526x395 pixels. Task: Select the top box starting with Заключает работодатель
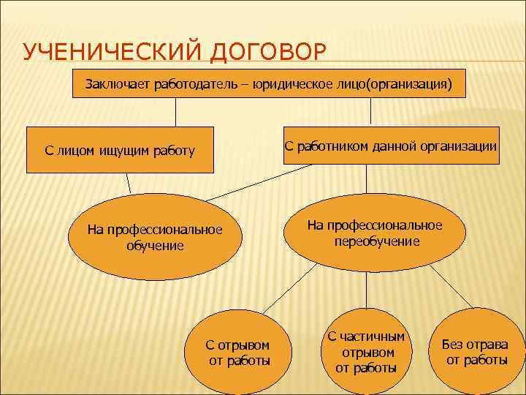click(x=269, y=85)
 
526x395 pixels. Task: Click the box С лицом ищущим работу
click(x=120, y=151)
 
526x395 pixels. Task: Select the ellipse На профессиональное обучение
click(x=155, y=238)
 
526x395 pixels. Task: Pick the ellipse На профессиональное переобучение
click(x=375, y=233)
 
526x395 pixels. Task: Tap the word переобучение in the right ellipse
click(x=377, y=241)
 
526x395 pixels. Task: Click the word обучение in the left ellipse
click(x=155, y=245)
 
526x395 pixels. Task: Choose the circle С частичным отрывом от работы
click(x=365, y=352)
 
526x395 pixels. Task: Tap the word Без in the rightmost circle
click(x=454, y=345)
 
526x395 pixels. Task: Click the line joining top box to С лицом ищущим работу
click(x=175, y=113)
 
